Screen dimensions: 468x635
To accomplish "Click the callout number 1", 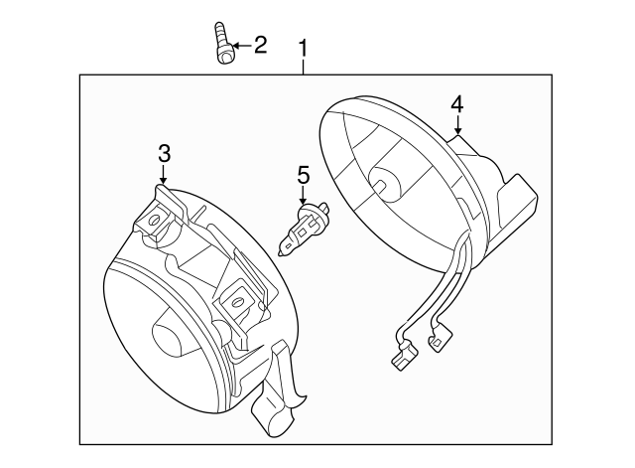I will (304, 47).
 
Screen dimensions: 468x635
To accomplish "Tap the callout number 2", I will (260, 45).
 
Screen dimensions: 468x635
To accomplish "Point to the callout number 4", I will (456, 103).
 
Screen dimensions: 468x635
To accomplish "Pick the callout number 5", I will (304, 175).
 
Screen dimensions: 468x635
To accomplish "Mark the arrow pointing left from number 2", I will (241, 46).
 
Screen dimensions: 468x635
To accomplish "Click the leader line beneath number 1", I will (304, 66).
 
